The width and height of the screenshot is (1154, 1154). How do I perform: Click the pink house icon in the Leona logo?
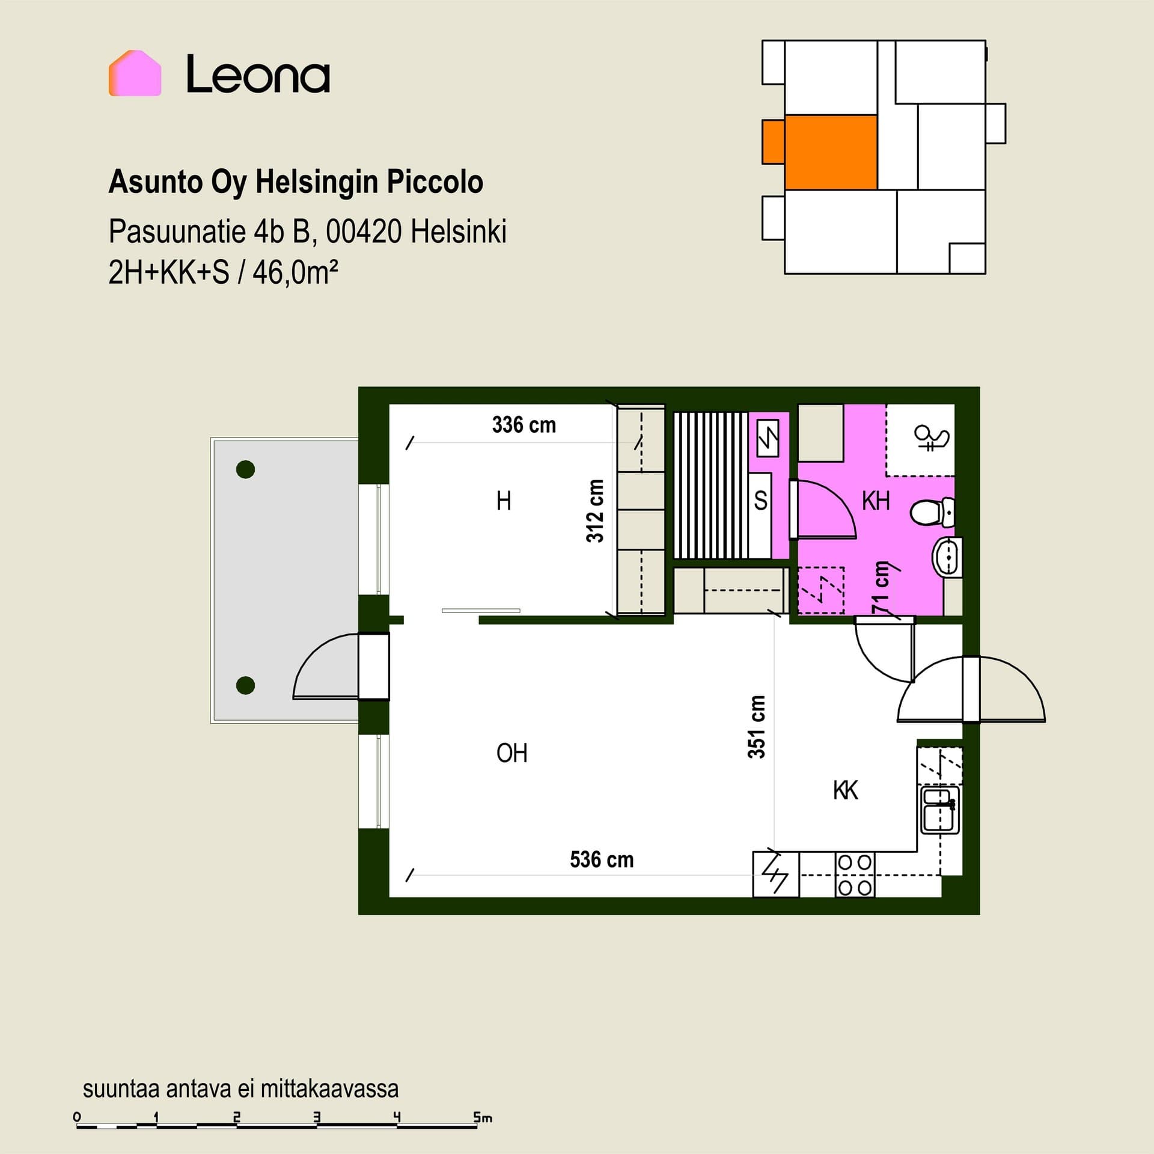pos(135,73)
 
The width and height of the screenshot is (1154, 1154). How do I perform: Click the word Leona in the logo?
pos(258,74)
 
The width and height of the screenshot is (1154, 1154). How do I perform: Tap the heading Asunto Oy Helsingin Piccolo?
pos(296,182)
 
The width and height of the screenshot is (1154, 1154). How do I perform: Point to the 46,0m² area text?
pos(295,273)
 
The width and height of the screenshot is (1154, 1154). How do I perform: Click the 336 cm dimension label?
pos(524,425)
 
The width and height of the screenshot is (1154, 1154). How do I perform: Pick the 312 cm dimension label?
pos(595,511)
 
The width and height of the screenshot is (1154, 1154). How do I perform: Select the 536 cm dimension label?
pos(602,859)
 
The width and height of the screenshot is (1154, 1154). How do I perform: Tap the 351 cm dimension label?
pos(757,727)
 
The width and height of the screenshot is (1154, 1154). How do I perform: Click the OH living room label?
pos(512,753)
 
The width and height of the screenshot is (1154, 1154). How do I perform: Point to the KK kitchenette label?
pos(846,790)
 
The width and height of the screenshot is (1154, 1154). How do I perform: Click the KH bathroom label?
pos(876,501)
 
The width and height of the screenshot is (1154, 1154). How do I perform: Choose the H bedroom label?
pos(504,501)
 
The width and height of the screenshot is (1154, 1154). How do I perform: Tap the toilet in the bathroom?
pos(932,512)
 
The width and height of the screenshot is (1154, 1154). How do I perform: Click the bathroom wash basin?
pos(947,557)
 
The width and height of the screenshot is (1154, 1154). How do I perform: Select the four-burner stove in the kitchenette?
pos(855,875)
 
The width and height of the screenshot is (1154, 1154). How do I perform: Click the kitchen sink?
pos(940,811)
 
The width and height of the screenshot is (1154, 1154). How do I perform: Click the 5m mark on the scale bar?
pos(483,1118)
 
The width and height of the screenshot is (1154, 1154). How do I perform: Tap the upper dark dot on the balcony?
pos(245,469)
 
